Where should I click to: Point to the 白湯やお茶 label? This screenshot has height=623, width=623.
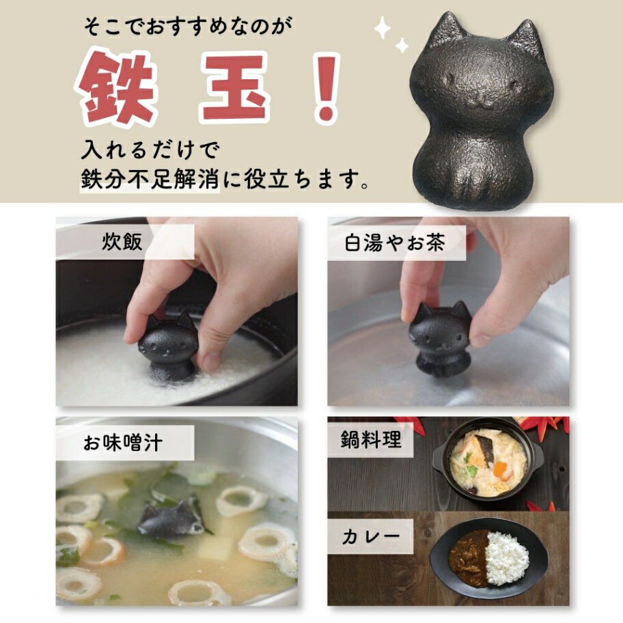click(395, 243)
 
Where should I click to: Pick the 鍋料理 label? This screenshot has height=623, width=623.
click(370, 439)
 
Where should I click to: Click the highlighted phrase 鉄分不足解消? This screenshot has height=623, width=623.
click(150, 180)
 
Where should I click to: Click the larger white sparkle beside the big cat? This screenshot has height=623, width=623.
click(383, 28)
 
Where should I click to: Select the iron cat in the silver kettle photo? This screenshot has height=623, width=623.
click(440, 340)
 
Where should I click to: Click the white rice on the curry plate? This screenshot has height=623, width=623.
click(508, 558)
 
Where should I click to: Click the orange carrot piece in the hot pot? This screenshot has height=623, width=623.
click(501, 470)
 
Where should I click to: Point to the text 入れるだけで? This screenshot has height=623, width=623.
click(150, 150)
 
